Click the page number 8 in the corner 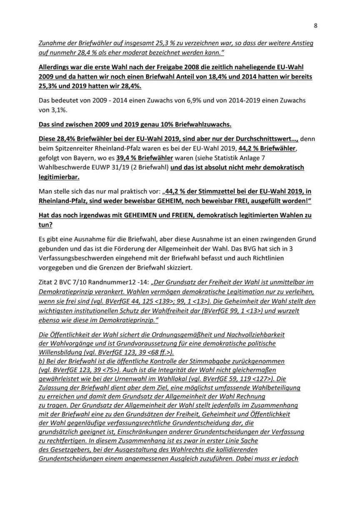pyautogui.click(x=315, y=25)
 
